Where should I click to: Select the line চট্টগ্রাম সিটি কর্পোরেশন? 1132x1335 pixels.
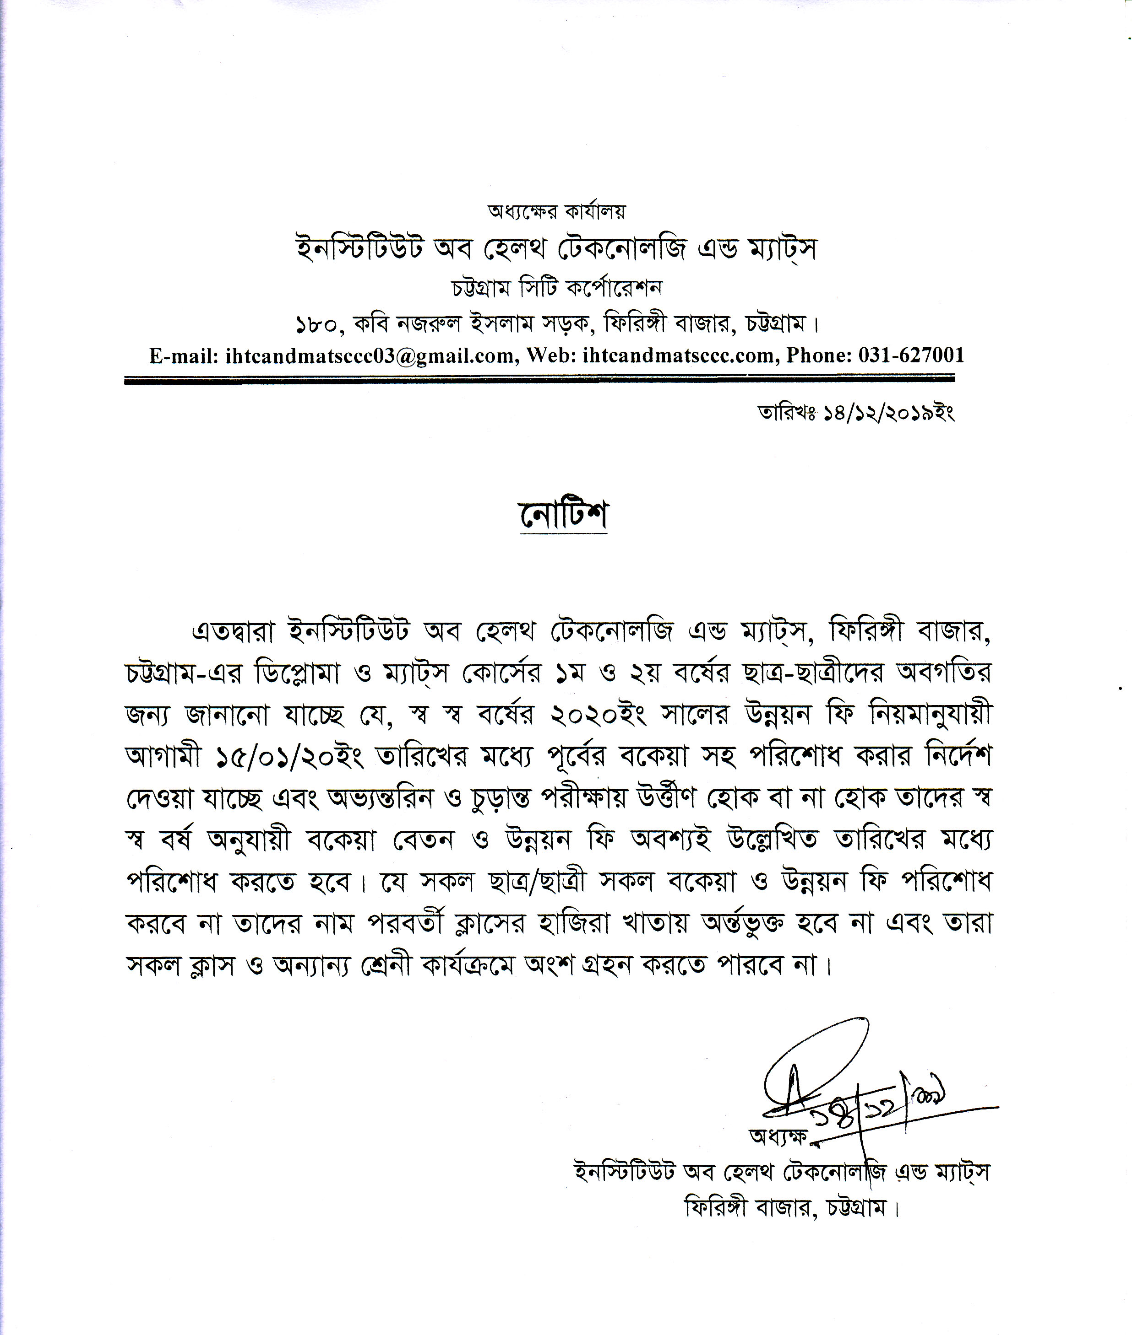click(x=557, y=288)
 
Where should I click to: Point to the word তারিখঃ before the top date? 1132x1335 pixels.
click(x=786, y=413)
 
